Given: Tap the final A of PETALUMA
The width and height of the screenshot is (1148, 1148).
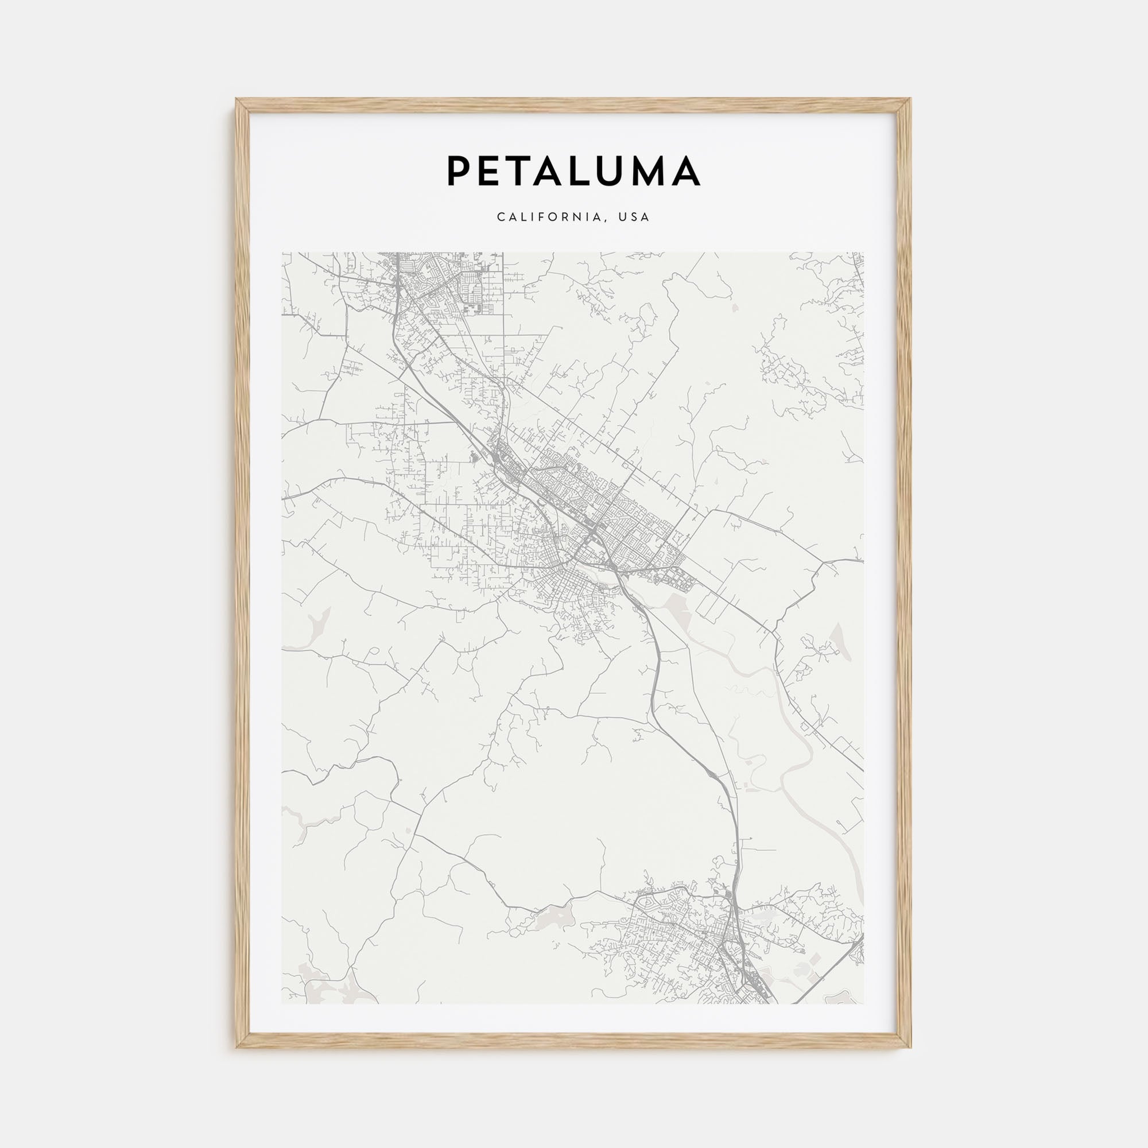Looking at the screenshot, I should click(687, 170).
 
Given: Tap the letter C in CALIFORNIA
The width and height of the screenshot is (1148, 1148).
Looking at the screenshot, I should click(501, 218).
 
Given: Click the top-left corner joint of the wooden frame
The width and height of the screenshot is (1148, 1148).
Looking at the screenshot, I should click(242, 105).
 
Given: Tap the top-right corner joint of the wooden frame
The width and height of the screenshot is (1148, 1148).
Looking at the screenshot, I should click(905, 105).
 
